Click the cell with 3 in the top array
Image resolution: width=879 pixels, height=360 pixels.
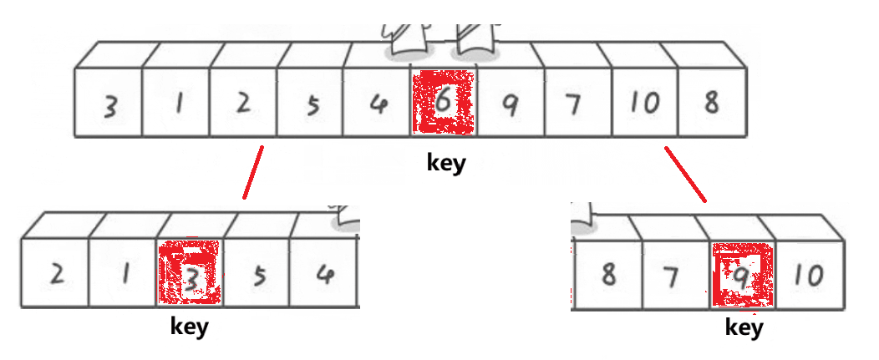109,104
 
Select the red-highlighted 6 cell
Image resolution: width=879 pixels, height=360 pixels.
443,104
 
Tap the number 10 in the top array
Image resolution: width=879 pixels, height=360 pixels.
644,104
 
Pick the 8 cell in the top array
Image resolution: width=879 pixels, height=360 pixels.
710,104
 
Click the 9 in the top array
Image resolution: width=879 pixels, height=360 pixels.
510,104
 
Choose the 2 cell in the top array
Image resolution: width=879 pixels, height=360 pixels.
243,104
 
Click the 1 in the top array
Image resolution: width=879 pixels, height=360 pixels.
176,104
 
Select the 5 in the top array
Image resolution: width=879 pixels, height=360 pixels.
311,104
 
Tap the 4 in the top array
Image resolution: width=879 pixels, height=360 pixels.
378,104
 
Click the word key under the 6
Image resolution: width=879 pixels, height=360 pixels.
445,162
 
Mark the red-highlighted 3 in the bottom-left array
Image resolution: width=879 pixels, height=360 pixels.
191,274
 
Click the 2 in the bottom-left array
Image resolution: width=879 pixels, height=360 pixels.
55,274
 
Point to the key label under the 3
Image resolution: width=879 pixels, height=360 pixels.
189,326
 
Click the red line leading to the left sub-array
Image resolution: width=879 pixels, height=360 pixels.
253,173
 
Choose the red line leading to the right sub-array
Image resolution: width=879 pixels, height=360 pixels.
686,175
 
